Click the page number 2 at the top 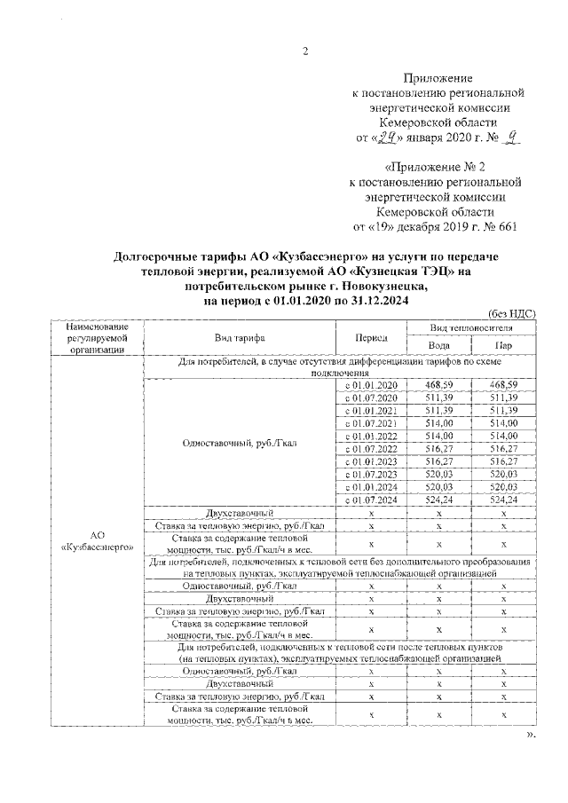[304, 50]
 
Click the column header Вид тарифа [240, 338]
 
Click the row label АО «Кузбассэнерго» [97, 540]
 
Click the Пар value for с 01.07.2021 [502, 423]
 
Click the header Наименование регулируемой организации [97, 338]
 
